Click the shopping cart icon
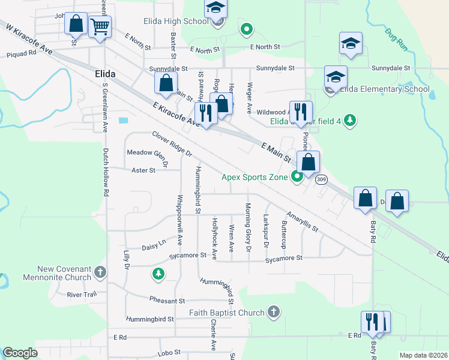[100, 26]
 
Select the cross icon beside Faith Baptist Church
[273, 311]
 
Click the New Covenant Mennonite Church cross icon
[100, 273]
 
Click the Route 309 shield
[322, 179]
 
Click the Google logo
[20, 353]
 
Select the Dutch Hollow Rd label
[106, 173]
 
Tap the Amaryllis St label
[302, 221]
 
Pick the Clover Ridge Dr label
[172, 145]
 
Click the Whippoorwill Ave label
[179, 220]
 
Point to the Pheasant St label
[167, 301]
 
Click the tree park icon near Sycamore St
[158, 274]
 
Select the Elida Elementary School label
[385, 89]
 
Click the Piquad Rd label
[21, 52]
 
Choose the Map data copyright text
[423, 355]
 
